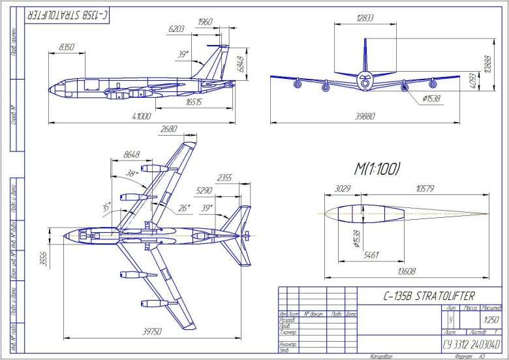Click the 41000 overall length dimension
[142, 117]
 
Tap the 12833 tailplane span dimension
[365, 18]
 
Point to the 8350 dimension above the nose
[67, 48]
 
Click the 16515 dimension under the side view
[194, 102]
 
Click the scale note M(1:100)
[377, 169]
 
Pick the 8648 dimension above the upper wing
[131, 155]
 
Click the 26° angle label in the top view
[185, 208]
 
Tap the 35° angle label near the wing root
[106, 208]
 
